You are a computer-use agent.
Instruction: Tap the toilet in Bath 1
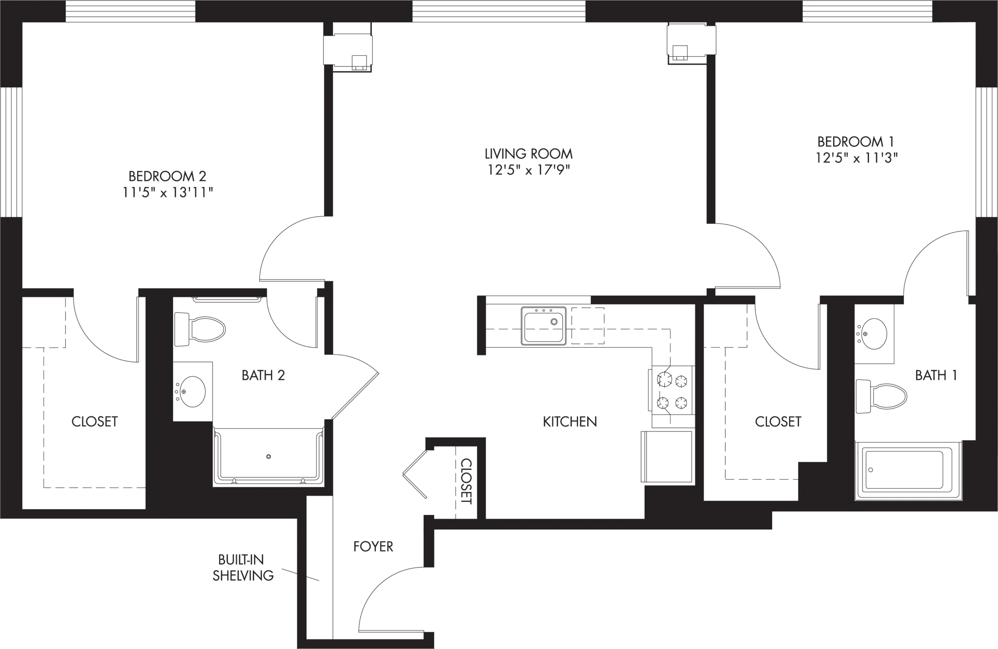coord(881,396)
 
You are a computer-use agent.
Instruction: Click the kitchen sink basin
coord(543,326)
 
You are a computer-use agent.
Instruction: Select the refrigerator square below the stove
coord(667,456)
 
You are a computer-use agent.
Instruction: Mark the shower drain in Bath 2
coord(268,456)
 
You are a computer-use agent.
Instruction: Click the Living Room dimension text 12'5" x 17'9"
coord(528,170)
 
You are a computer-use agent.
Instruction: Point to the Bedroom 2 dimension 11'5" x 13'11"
coord(168,193)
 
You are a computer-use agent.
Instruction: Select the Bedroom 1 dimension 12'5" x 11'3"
coord(856,158)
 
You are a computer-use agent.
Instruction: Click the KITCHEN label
coord(570,421)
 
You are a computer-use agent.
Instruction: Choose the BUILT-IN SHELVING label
coord(243,567)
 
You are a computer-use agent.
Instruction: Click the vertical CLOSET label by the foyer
coord(466,481)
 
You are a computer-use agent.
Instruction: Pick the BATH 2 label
coord(263,375)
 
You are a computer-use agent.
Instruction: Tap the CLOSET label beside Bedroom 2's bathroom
coord(94,421)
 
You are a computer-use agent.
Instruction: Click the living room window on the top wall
coord(499,11)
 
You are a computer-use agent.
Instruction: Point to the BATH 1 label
coord(936,375)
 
